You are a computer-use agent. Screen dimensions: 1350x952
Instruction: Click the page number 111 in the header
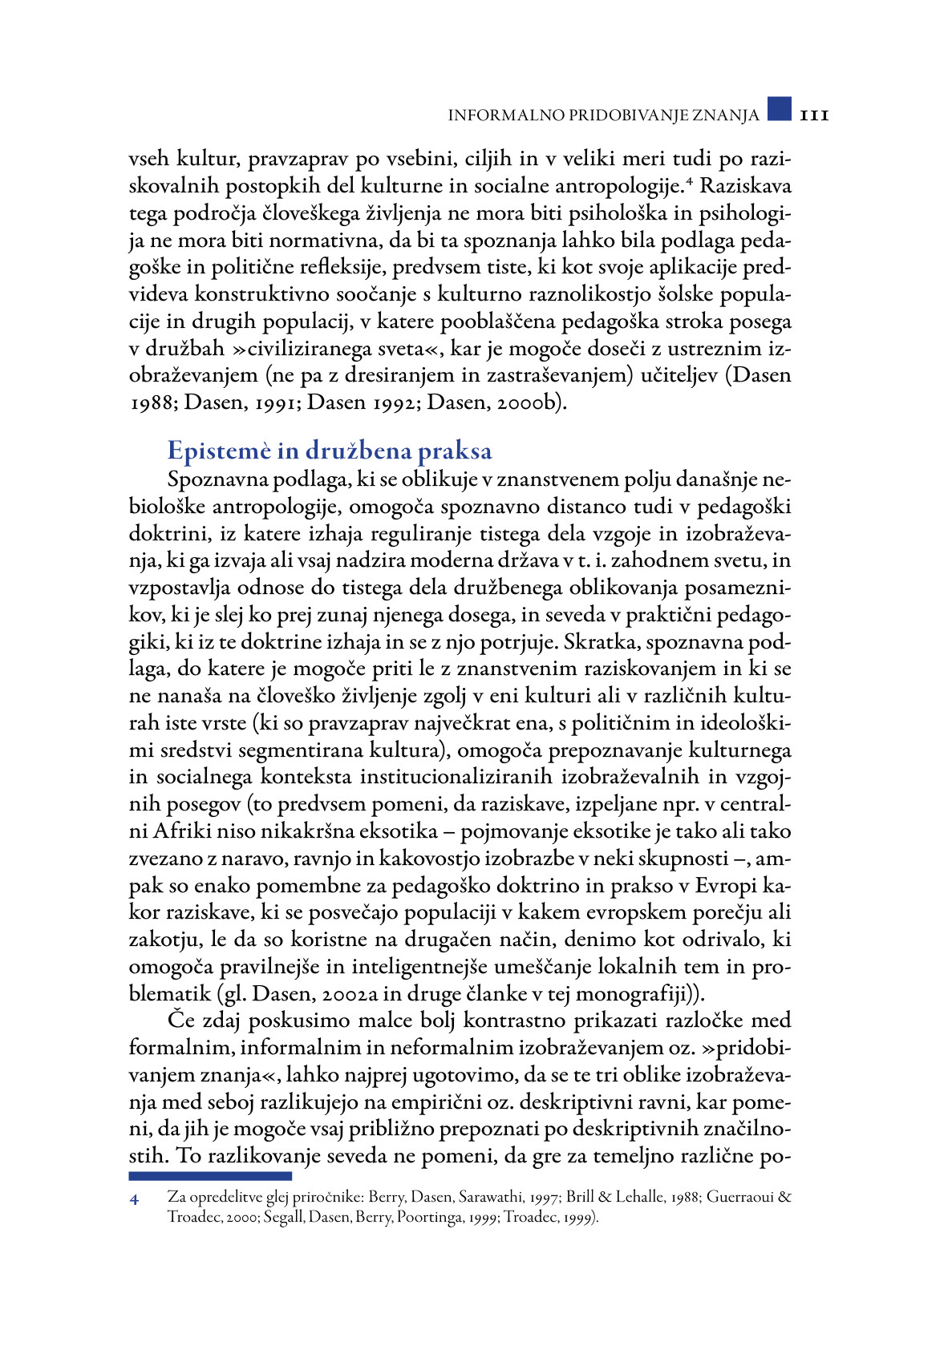coord(813,115)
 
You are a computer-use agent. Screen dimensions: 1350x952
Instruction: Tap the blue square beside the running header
coord(779,109)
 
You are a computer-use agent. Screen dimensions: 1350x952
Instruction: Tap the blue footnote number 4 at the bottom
coord(134,1200)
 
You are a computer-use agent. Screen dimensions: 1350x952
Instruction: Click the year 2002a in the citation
coord(355,994)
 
